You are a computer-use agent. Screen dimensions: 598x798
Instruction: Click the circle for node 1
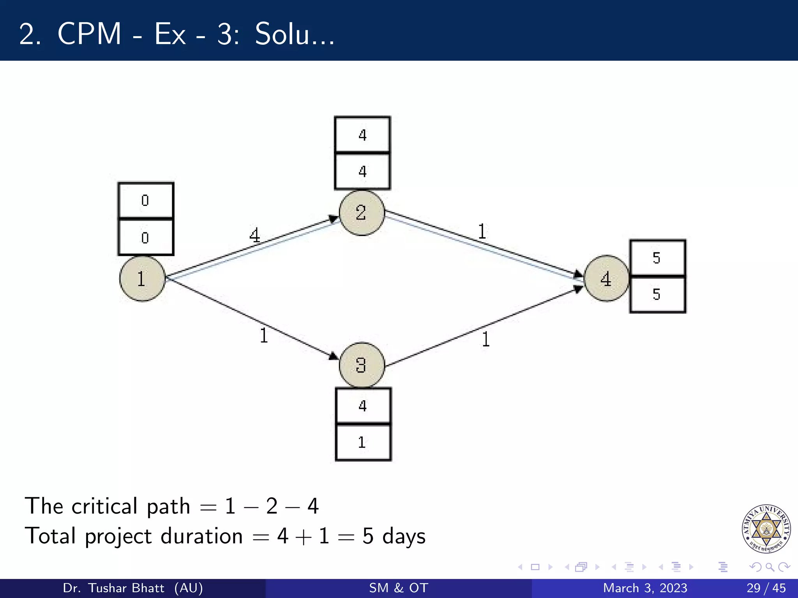tap(142, 279)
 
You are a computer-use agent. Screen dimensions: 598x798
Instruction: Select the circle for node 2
tap(362, 213)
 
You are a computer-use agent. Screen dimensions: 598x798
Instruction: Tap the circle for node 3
tap(362, 365)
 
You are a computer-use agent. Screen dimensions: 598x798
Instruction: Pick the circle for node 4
tap(606, 279)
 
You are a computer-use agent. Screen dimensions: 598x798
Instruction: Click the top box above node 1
tap(146, 201)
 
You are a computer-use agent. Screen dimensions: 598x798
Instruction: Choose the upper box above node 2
tap(362, 135)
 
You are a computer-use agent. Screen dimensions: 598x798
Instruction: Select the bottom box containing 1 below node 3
tap(363, 443)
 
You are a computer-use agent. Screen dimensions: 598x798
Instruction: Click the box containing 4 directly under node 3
tap(363, 406)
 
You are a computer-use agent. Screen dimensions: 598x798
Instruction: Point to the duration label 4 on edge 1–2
tap(254, 235)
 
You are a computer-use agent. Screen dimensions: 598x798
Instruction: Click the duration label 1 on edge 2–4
tap(482, 231)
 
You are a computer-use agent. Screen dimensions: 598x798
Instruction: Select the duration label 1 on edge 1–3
tap(264, 335)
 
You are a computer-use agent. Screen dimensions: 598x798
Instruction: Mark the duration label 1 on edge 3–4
tap(486, 339)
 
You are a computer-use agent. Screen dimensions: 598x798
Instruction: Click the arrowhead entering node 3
tap(334, 355)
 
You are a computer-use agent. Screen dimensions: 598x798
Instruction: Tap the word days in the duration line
tap(404, 536)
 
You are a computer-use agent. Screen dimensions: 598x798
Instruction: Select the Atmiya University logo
tap(766, 528)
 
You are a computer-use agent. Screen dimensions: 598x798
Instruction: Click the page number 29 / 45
tap(766, 588)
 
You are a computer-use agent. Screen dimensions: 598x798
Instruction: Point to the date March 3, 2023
tap(645, 588)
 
